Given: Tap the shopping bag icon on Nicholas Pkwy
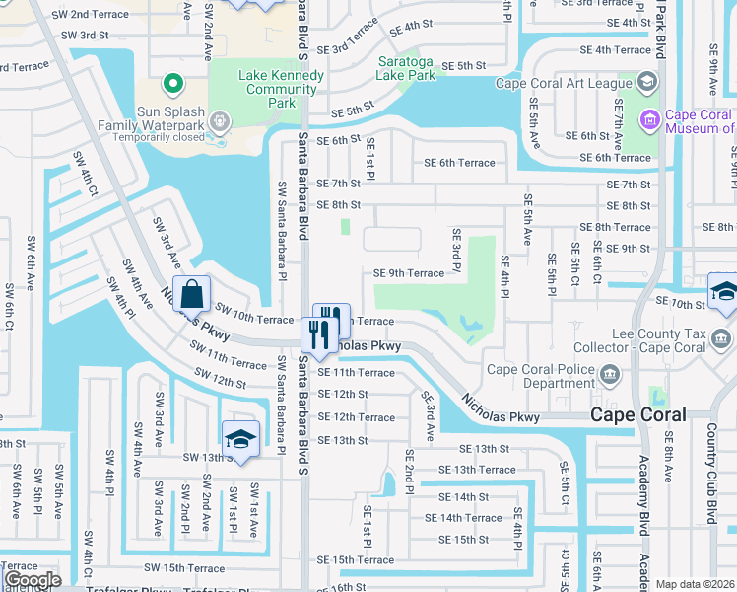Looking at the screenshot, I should (x=194, y=294).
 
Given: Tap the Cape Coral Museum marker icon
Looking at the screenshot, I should (x=649, y=121).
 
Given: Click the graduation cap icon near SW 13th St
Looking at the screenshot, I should (x=239, y=440).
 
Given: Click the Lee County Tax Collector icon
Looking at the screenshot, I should (x=722, y=340).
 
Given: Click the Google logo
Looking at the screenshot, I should (x=33, y=580).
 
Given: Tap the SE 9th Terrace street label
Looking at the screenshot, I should (x=409, y=273).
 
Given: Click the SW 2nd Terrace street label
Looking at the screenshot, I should (x=95, y=14).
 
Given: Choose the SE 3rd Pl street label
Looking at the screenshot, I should (x=457, y=252).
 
